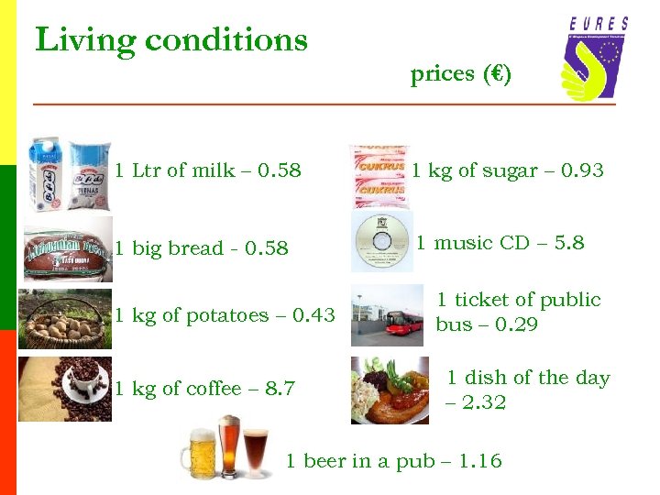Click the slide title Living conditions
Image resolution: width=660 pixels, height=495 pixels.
pyautogui.click(x=171, y=40)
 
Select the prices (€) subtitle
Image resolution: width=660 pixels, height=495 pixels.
pyautogui.click(x=461, y=74)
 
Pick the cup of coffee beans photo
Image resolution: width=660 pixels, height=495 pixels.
pyautogui.click(x=66, y=389)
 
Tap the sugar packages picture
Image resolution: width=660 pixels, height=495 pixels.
pyautogui.click(x=379, y=174)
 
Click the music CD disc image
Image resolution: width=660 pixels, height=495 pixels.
pyautogui.click(x=381, y=242)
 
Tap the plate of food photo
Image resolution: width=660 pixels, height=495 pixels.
pyautogui.click(x=390, y=390)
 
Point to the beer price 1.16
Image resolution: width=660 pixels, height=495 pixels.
pyautogui.click(x=481, y=461)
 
